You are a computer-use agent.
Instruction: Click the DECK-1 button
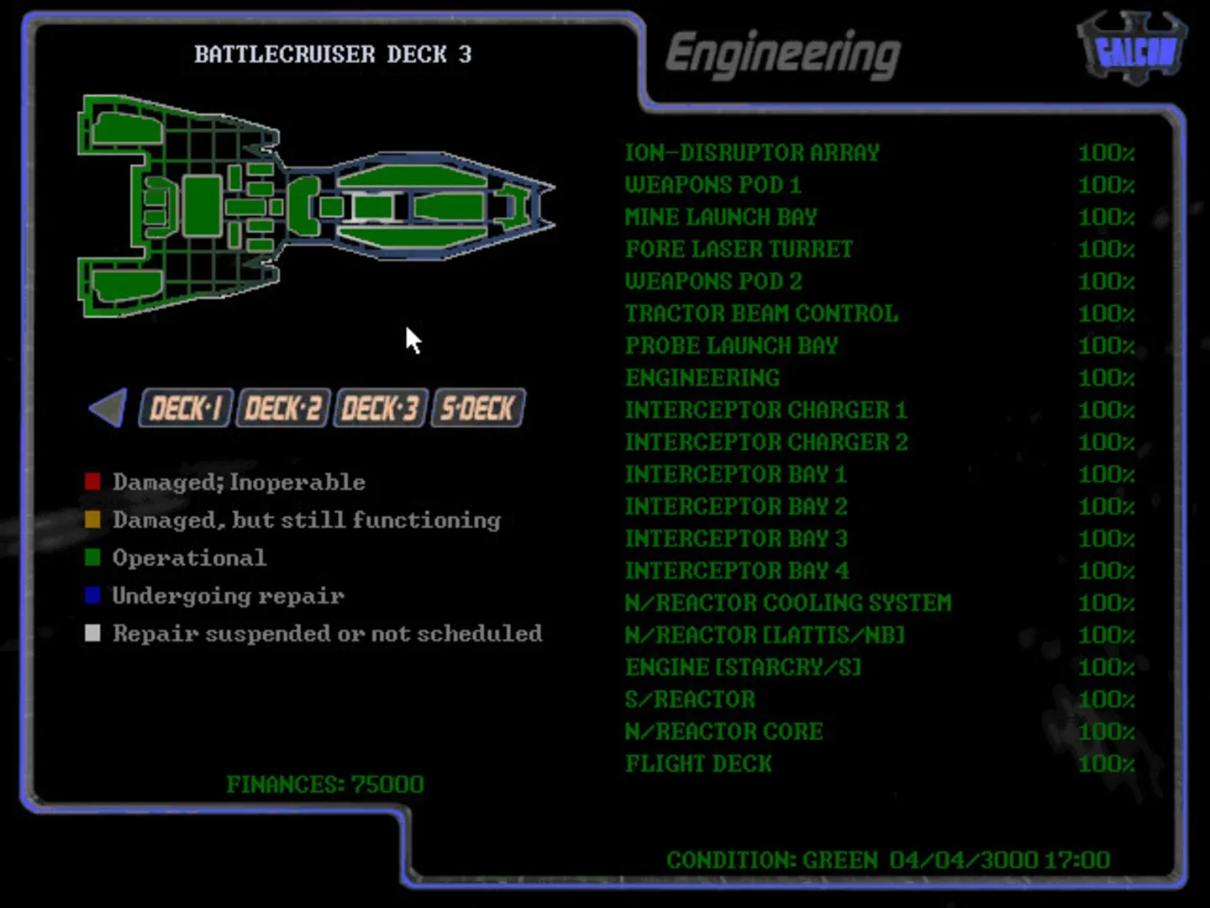185,409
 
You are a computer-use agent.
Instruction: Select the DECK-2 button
282,409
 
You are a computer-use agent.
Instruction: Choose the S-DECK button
477,409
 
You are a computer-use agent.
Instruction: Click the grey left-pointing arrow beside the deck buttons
108,408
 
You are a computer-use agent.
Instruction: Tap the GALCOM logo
1133,50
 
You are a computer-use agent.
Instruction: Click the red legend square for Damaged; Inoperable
92,482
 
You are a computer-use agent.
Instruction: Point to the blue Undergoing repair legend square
92,595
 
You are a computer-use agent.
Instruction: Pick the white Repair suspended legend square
92,633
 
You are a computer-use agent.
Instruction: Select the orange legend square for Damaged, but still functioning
92,520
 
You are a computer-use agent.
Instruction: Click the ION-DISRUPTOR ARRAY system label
752,153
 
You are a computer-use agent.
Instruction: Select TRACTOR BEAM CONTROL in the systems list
761,314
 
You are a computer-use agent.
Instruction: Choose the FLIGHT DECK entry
698,763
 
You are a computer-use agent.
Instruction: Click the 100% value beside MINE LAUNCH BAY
1106,217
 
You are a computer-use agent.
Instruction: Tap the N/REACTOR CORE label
723,731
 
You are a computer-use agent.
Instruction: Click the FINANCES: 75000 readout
325,784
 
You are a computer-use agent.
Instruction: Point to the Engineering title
782,54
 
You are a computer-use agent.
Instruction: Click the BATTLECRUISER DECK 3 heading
333,55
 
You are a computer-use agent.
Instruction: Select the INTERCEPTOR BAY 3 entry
736,538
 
